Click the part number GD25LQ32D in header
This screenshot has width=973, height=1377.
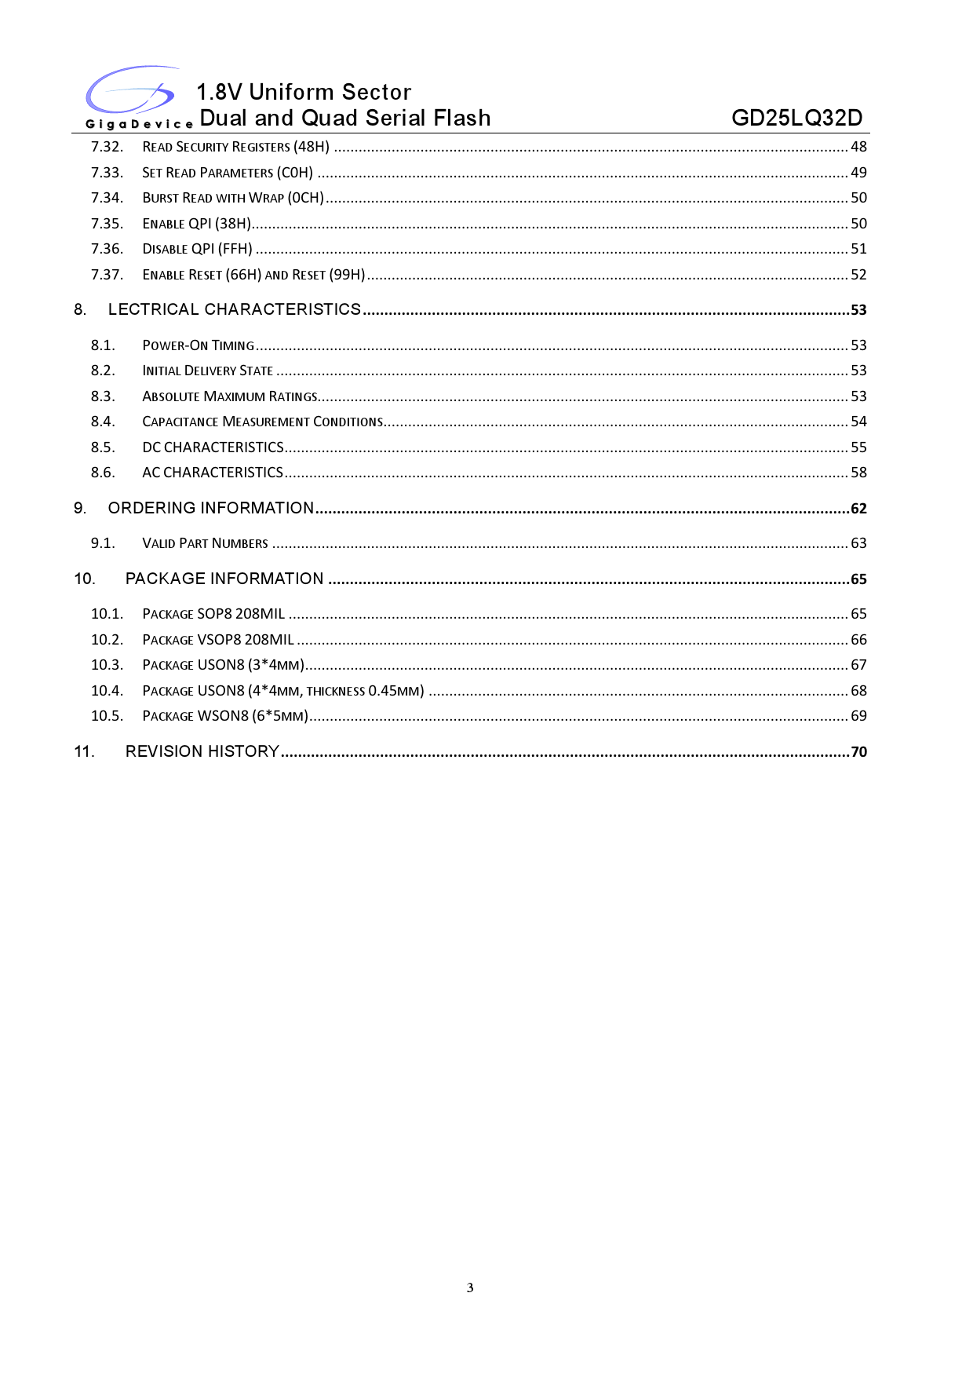tap(796, 118)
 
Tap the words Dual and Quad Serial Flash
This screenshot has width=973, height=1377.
tap(345, 118)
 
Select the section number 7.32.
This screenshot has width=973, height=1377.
tap(107, 147)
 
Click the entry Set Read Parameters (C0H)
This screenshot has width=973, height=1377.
tap(228, 173)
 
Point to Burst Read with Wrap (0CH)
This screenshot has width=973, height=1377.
tap(233, 198)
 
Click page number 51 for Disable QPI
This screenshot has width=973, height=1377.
tap(858, 249)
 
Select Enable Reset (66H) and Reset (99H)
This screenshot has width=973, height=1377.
tap(253, 275)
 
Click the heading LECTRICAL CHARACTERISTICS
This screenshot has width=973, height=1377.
tap(235, 309)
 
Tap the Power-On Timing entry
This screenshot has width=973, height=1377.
tap(199, 345)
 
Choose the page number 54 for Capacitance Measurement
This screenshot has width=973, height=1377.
tap(858, 422)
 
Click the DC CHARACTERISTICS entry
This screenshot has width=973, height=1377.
tap(213, 447)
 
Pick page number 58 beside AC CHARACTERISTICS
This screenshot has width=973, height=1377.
tap(858, 473)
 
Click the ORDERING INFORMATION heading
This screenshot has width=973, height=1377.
tap(211, 508)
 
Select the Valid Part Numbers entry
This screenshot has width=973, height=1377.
tap(205, 543)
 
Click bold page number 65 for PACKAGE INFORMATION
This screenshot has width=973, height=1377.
tap(858, 579)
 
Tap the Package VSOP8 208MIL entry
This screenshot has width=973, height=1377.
tap(218, 640)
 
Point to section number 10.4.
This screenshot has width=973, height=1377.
tap(107, 691)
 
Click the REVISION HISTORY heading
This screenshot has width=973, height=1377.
tap(202, 751)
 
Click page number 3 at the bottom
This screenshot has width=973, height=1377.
tap(470, 1288)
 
